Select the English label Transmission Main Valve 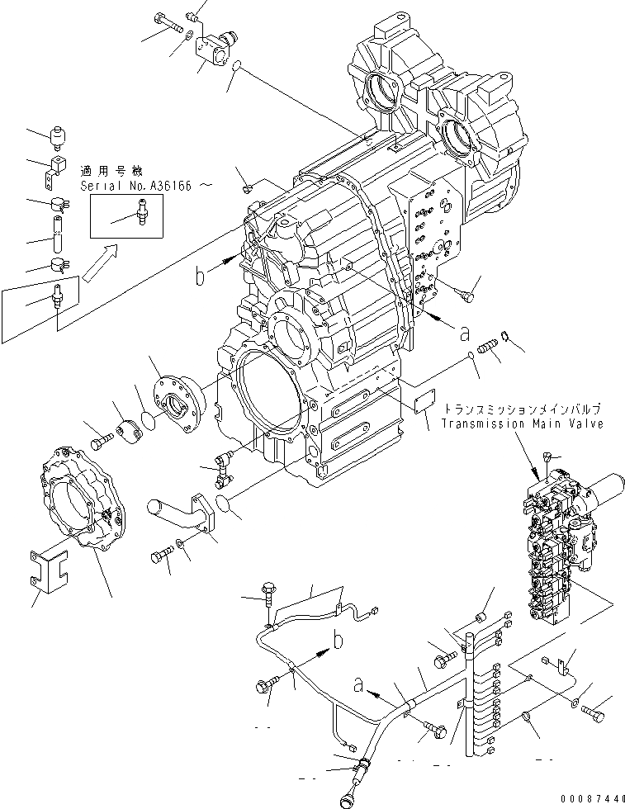tap(522, 423)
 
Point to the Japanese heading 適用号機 tap(111, 171)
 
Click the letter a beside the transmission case tap(465, 334)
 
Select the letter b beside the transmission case tap(198, 277)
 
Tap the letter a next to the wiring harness tap(358, 684)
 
